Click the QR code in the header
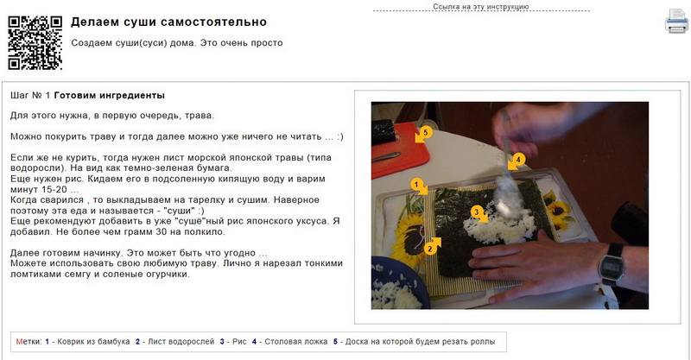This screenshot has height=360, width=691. (x=35, y=43)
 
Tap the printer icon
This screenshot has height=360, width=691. (x=676, y=21)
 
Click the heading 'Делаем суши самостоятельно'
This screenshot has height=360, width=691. (x=168, y=22)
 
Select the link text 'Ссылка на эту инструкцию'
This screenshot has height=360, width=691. (x=480, y=7)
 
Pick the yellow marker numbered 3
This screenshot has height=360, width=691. (x=479, y=213)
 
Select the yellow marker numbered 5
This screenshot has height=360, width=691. (x=423, y=134)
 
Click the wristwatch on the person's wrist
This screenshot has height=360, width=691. (x=612, y=266)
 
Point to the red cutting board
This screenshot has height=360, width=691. (x=399, y=151)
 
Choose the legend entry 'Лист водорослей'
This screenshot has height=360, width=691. (x=181, y=342)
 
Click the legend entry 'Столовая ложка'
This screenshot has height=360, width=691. (x=295, y=342)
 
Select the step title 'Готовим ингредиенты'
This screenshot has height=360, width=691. (x=110, y=95)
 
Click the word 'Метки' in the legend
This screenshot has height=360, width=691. (x=28, y=342)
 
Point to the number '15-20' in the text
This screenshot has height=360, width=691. (x=54, y=189)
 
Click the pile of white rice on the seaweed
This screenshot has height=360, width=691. (x=499, y=227)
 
